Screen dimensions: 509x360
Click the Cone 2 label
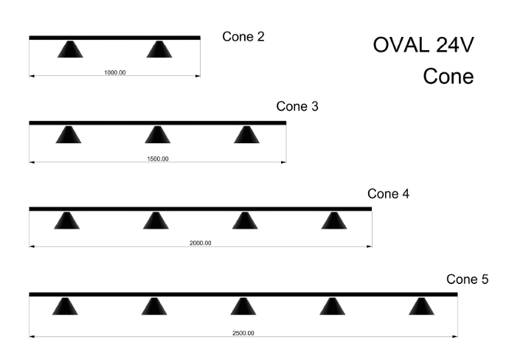point(243,37)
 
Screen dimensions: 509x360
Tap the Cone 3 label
point(297,106)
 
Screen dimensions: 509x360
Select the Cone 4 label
point(388,194)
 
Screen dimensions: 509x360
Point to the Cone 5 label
point(467,279)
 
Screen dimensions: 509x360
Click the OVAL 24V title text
point(423,45)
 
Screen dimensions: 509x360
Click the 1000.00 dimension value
point(115,73)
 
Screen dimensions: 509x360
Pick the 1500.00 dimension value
point(158,159)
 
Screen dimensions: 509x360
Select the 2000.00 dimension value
point(201,243)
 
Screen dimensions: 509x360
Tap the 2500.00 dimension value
point(243,333)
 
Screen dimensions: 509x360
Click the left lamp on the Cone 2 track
point(70,49)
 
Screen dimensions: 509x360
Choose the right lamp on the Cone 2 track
point(159,49)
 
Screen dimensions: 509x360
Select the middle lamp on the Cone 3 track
point(157,135)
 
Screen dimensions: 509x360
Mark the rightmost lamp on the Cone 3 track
point(246,135)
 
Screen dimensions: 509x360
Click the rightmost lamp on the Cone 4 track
point(334,221)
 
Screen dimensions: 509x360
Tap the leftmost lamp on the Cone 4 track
point(67,221)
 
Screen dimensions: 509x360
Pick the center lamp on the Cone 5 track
point(243,306)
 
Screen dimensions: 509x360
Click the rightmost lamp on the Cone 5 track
point(421,306)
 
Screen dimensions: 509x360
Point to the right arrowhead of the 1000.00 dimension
point(198,76)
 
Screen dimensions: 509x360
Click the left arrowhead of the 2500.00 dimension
point(32,336)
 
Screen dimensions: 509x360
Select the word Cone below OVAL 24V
point(449,77)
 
